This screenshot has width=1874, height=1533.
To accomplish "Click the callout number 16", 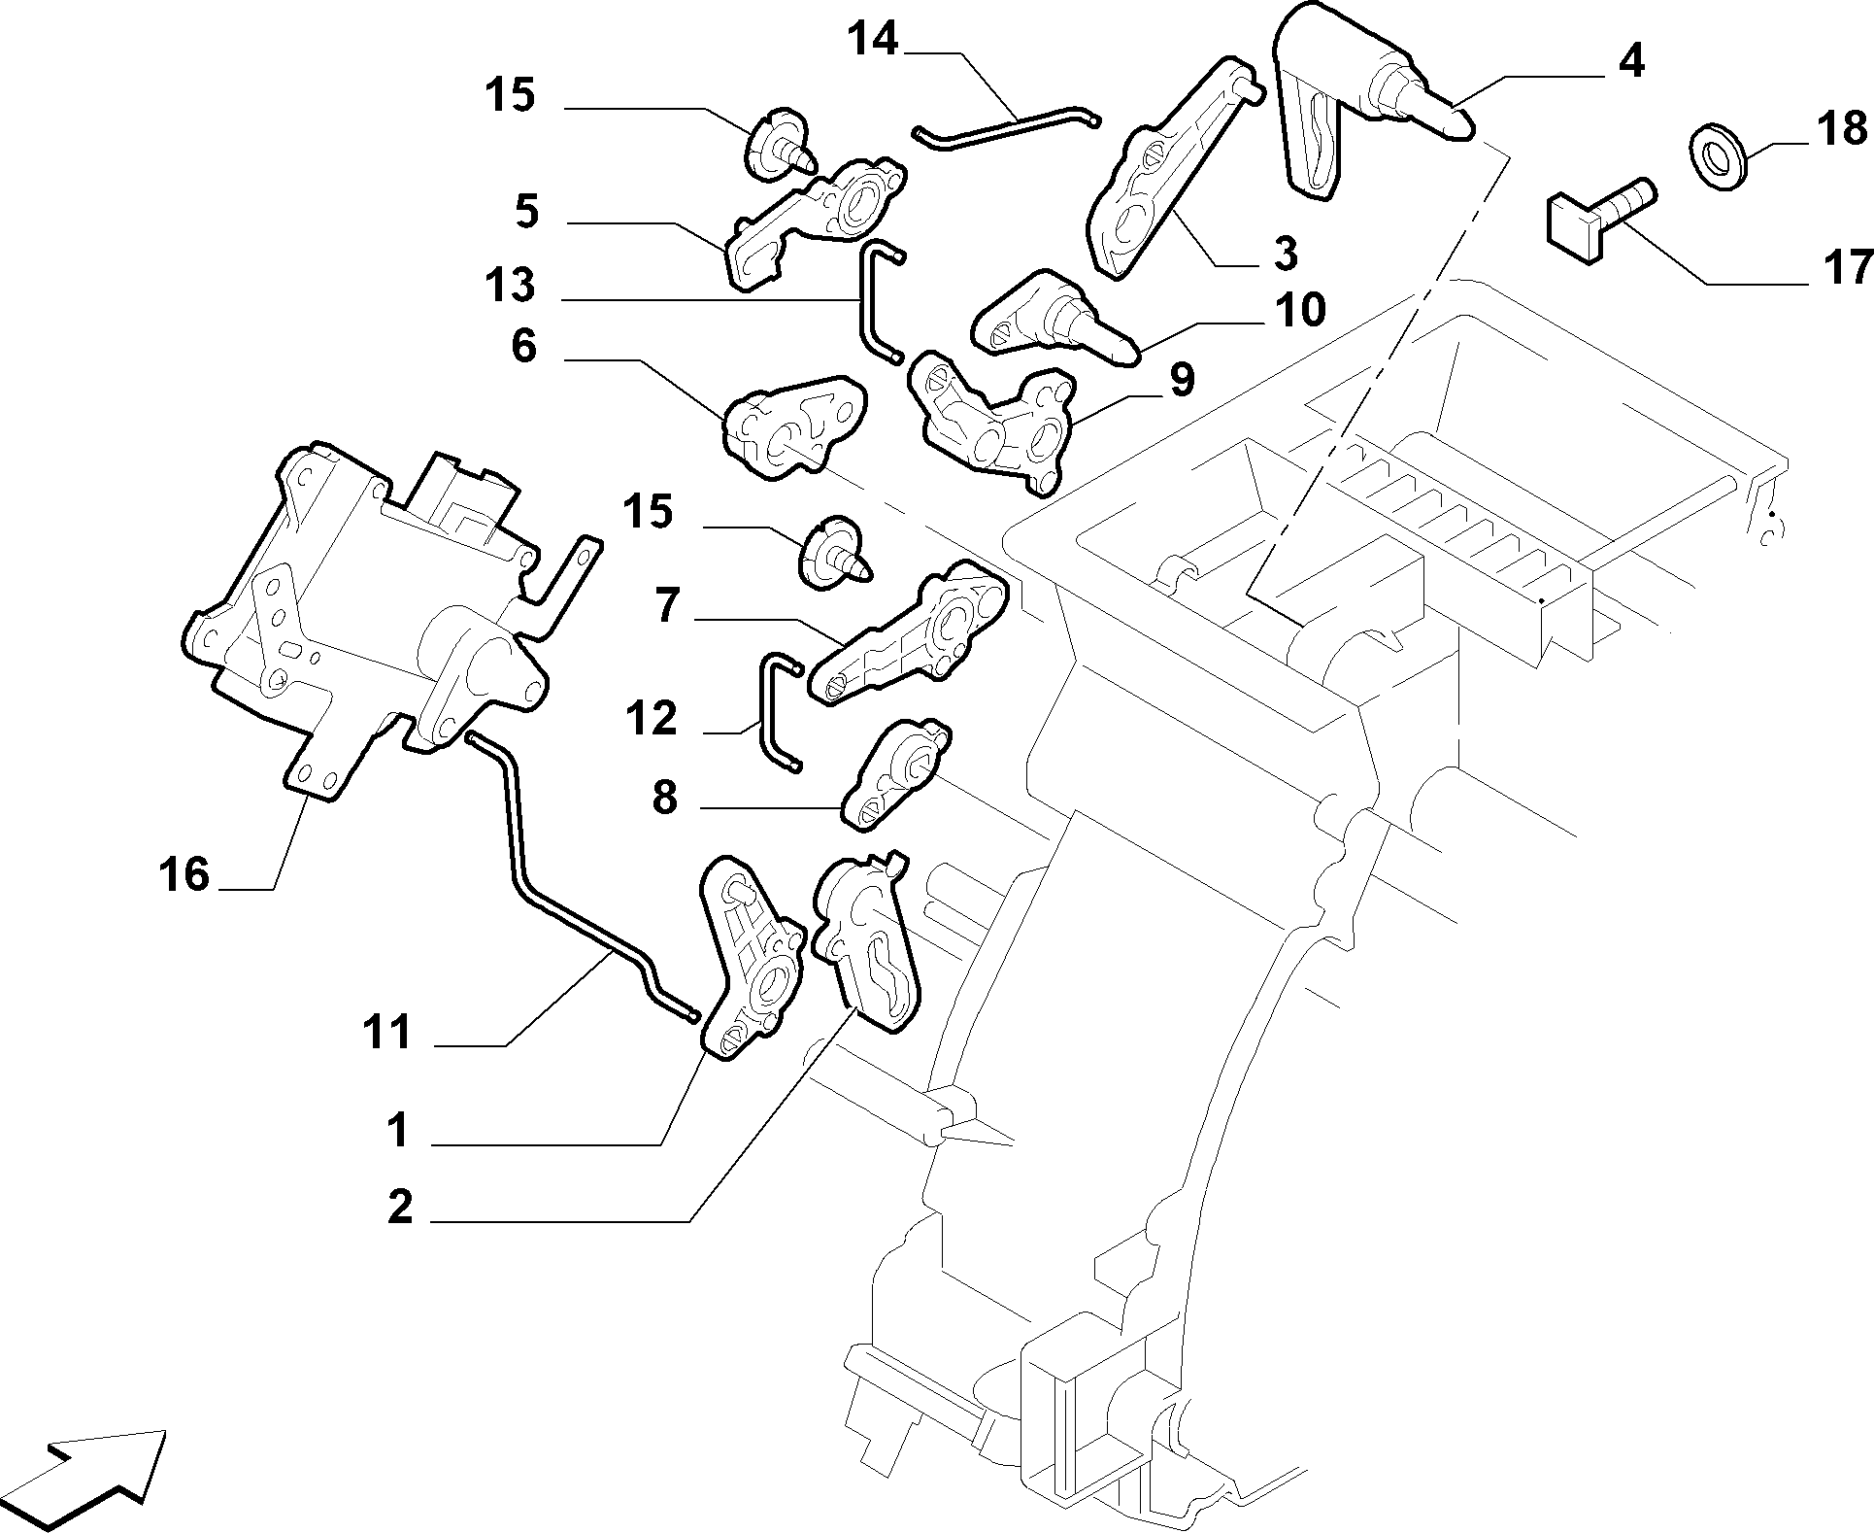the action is point(184,875).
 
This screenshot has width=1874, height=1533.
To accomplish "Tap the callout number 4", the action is point(1631,62).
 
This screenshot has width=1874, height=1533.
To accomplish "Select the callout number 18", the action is point(1841,128).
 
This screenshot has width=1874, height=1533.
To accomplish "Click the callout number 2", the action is point(400,1208).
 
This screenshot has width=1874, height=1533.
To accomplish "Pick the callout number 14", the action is point(873,40).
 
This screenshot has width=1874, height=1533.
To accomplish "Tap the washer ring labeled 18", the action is point(1719,153).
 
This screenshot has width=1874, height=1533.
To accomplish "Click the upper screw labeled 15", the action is point(780,149).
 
